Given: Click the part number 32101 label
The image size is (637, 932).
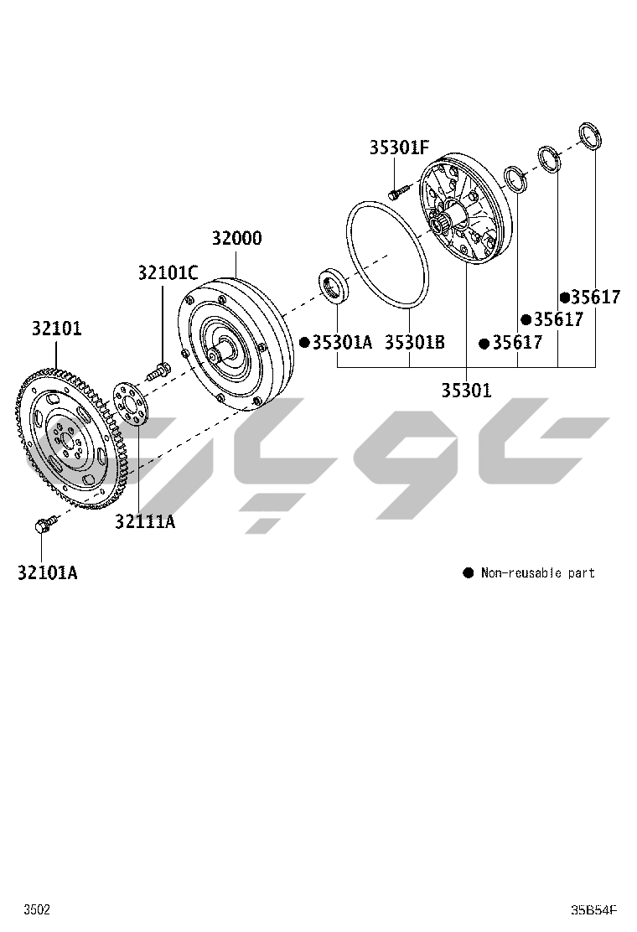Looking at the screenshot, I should coord(57,328).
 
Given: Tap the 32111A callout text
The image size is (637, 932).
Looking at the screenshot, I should coord(145,521).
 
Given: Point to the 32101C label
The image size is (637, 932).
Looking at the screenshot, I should coord(168,272).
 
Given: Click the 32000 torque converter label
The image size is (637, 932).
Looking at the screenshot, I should coord(236,238).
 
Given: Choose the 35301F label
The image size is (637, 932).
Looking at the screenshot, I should coord(399,148).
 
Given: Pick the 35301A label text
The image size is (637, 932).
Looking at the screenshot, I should coord(341,342).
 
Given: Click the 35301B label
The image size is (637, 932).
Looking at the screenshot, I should coord(414,342).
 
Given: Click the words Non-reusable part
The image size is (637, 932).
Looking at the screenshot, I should coord(537,573).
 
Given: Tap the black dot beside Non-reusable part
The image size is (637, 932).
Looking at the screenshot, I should coord(469,573).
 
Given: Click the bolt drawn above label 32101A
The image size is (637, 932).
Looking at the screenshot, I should coord(43,526).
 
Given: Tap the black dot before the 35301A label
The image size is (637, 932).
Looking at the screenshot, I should coord(305,342).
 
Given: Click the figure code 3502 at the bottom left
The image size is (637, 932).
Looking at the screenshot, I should coord(36,909).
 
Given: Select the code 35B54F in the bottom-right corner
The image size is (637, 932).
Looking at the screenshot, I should coord(593,909).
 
